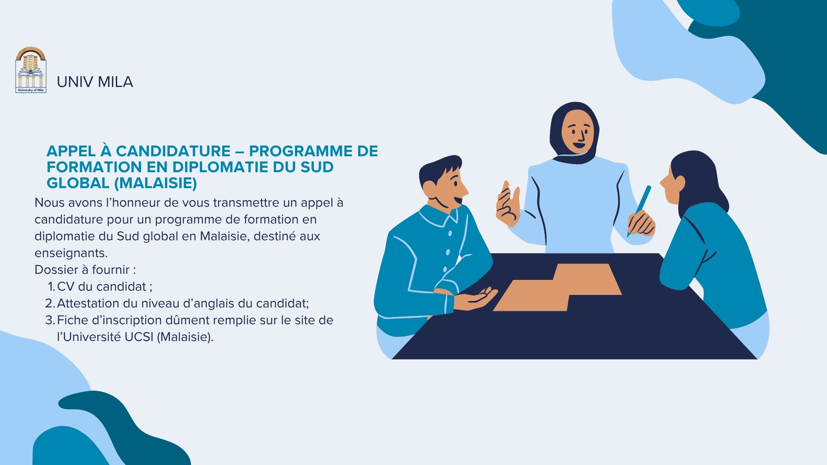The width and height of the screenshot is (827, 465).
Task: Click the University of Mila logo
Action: (31, 70)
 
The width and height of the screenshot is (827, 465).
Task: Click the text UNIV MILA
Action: (95, 82)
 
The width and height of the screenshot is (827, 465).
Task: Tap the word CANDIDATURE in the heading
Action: (173, 151)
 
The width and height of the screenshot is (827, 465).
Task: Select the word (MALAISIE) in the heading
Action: (155, 183)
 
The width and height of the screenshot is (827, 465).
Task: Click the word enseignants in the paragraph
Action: (71, 253)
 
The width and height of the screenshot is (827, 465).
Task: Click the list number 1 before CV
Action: (51, 286)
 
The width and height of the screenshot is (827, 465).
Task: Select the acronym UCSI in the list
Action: (139, 337)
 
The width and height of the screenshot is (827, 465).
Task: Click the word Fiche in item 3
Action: (72, 320)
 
